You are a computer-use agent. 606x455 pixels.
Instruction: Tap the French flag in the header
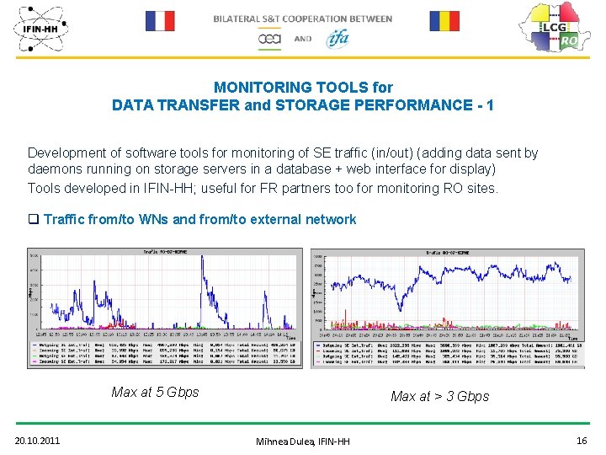click(159, 20)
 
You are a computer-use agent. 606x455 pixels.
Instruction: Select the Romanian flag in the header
click(444, 20)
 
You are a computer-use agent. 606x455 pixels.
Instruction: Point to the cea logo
click(269, 38)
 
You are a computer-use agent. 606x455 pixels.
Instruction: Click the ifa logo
click(338, 38)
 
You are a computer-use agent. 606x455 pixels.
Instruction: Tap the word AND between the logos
click(303, 39)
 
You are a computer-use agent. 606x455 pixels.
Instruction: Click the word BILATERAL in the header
click(239, 19)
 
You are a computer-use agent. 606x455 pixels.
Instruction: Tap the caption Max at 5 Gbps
click(155, 392)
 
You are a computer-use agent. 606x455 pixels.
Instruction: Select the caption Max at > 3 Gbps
click(439, 396)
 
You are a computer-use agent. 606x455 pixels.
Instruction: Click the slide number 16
click(581, 440)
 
